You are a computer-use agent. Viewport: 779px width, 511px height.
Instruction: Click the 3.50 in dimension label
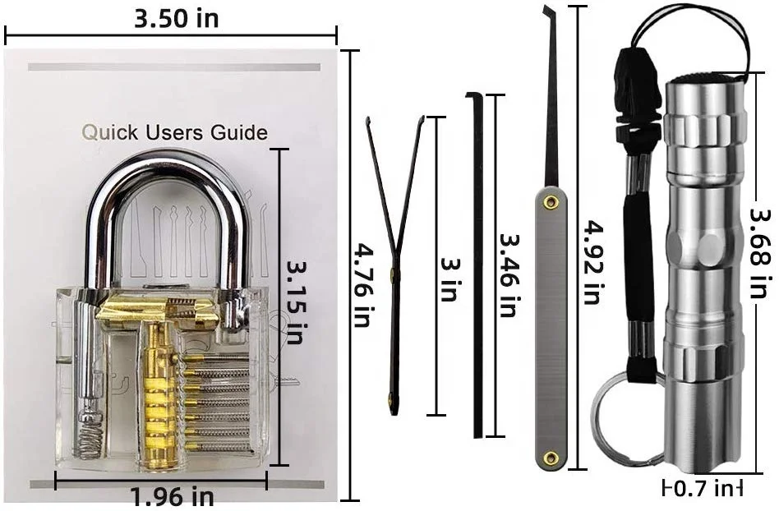point(176,18)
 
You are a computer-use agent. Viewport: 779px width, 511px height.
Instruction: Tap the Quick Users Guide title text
point(174,132)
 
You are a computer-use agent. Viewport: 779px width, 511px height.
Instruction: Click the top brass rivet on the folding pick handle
point(551,200)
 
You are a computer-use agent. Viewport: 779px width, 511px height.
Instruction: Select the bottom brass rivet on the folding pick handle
point(551,457)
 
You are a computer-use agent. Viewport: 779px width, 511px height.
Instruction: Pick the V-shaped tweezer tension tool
point(395,246)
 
